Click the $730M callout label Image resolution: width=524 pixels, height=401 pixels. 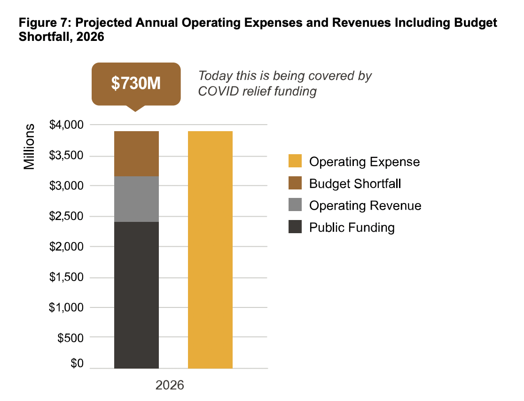pyautogui.click(x=136, y=83)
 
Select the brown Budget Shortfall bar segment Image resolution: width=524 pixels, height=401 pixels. pyautogui.click(x=136, y=153)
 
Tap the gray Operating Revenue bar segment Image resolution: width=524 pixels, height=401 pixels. pyautogui.click(x=136, y=199)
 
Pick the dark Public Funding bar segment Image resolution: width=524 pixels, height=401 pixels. pyautogui.click(x=136, y=295)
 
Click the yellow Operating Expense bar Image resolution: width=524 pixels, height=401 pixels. pyautogui.click(x=210, y=249)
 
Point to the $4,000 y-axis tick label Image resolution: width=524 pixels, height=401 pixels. pyautogui.click(x=66, y=125)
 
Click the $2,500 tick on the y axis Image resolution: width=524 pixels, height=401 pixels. pyautogui.click(x=66, y=217)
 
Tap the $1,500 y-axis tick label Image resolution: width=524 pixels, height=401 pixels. pyautogui.click(x=66, y=277)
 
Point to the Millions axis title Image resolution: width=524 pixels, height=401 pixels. pyautogui.click(x=30, y=147)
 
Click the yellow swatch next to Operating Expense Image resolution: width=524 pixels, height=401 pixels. pyautogui.click(x=295, y=161)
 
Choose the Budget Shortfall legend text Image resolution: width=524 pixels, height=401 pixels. pyautogui.click(x=355, y=183)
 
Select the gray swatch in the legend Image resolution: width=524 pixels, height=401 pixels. pyautogui.click(x=295, y=205)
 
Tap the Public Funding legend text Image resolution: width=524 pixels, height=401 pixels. pyautogui.click(x=352, y=228)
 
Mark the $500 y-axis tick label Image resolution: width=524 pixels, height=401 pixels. pyautogui.click(x=70, y=338)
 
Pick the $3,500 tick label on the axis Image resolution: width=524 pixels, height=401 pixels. pyautogui.click(x=66, y=156)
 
